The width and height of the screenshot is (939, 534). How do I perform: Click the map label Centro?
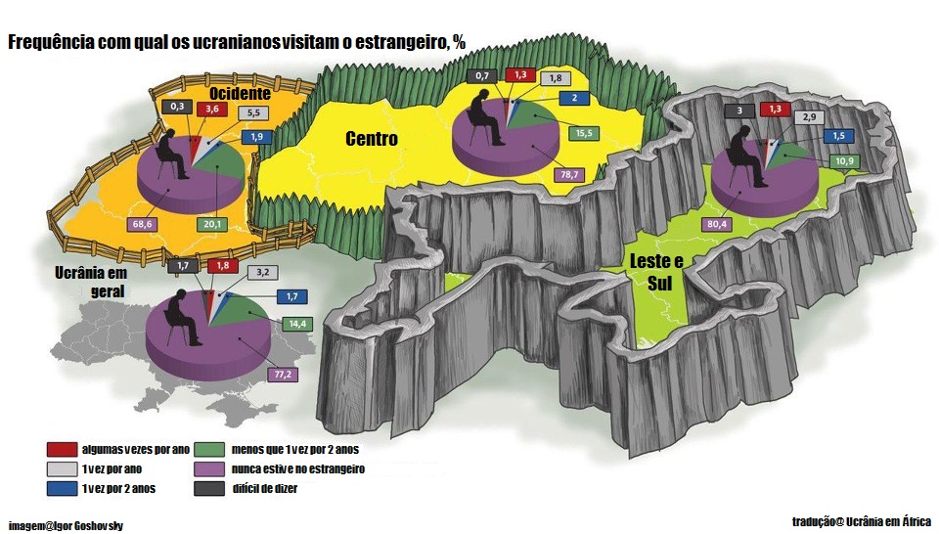pos(372,139)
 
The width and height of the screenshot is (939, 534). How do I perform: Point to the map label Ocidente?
pos(240,93)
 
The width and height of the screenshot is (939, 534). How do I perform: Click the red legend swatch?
pos(61,449)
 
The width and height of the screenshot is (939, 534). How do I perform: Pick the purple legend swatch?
pos(207,469)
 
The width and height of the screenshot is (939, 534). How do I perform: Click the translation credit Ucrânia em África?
pos(862,521)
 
